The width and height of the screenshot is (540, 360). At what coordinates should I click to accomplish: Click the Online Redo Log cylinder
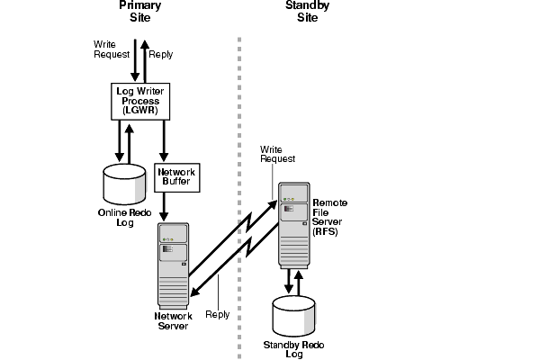pos(123,183)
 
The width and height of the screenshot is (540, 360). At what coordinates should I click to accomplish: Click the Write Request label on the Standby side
pos(278,153)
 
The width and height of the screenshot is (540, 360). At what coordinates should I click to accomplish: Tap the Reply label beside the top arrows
pos(160,54)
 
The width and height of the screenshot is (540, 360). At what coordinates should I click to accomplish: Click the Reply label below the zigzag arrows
pos(218,314)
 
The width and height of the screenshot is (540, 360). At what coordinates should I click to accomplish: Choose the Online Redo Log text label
pos(124,218)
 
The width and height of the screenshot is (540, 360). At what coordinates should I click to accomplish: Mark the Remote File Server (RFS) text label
pos(329,216)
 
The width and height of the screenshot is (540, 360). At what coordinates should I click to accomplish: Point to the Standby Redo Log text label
pos(293,349)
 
